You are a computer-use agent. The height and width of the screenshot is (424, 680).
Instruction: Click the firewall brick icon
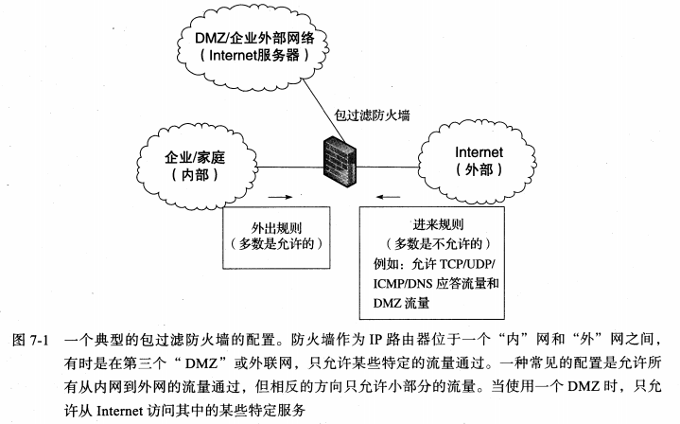tap(340, 154)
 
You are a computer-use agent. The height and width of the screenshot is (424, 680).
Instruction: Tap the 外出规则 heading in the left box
tap(277, 228)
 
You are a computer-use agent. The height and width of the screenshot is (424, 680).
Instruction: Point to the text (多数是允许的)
tap(277, 245)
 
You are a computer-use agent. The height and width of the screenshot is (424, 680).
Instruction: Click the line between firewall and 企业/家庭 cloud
tap(289, 166)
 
